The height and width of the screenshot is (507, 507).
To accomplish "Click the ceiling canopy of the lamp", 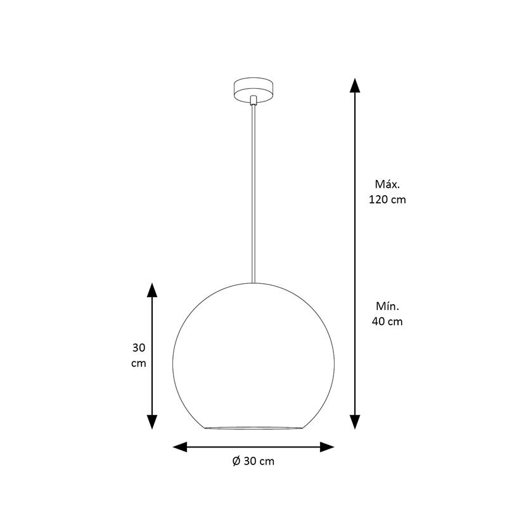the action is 253,90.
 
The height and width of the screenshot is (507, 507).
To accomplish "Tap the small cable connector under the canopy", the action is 253,101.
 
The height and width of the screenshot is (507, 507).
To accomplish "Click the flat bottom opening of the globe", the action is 253,428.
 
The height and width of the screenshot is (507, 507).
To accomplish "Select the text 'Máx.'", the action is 387,184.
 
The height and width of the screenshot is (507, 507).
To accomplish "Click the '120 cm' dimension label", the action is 387,200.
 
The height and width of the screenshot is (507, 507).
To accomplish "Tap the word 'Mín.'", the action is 387,306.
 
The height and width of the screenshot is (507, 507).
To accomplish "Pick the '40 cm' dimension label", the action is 387,322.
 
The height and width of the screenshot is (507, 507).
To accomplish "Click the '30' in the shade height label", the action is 139,348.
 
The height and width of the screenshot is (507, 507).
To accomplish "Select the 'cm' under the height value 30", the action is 139,363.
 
